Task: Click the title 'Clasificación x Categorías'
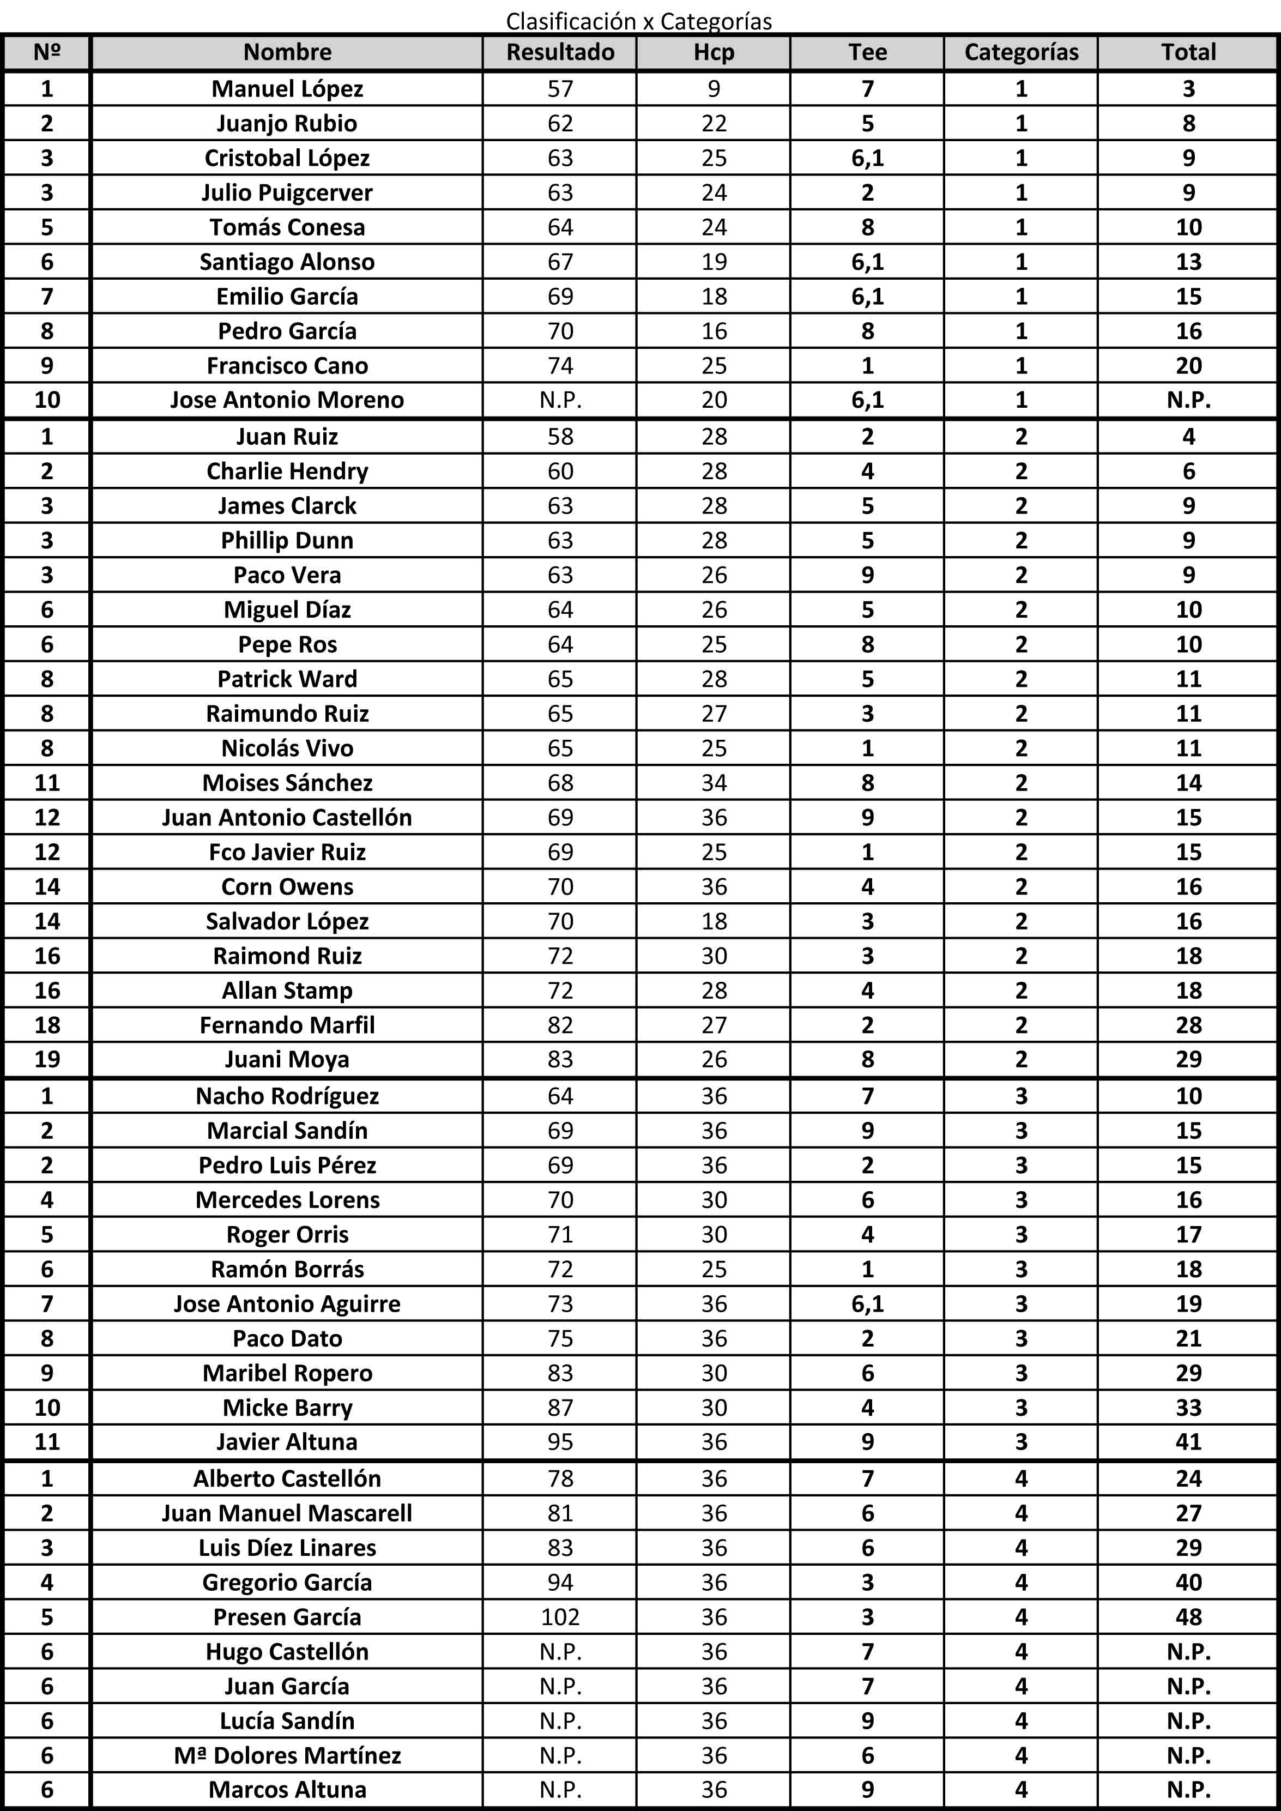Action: click(x=639, y=21)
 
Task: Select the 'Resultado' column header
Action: click(x=560, y=52)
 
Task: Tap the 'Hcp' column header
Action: click(x=714, y=52)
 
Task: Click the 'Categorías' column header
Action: click(x=1020, y=52)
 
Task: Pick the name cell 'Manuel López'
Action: click(x=287, y=88)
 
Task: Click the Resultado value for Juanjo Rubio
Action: click(x=560, y=123)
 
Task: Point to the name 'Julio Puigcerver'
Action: click(x=287, y=192)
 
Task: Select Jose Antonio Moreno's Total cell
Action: click(x=1188, y=400)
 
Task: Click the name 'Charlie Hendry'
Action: click(x=287, y=471)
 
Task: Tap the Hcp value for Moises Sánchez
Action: click(x=714, y=782)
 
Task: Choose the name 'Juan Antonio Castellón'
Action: click(x=287, y=817)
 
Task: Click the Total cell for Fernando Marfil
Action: click(x=1188, y=1024)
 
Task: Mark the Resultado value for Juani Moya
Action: click(x=560, y=1059)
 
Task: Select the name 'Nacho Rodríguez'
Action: click(x=287, y=1096)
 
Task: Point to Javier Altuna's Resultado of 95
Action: click(x=560, y=1442)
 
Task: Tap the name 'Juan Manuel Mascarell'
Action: click(x=287, y=1513)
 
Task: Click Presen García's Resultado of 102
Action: click(x=560, y=1617)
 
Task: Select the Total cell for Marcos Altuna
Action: click(x=1188, y=1790)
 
